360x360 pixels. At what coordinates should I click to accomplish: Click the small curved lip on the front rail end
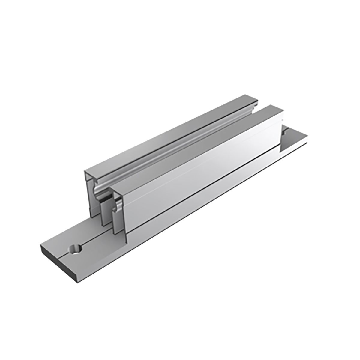(118, 207)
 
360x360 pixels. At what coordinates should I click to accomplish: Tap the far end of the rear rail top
(249, 99)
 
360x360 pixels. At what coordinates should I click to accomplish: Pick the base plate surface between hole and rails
(96, 237)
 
